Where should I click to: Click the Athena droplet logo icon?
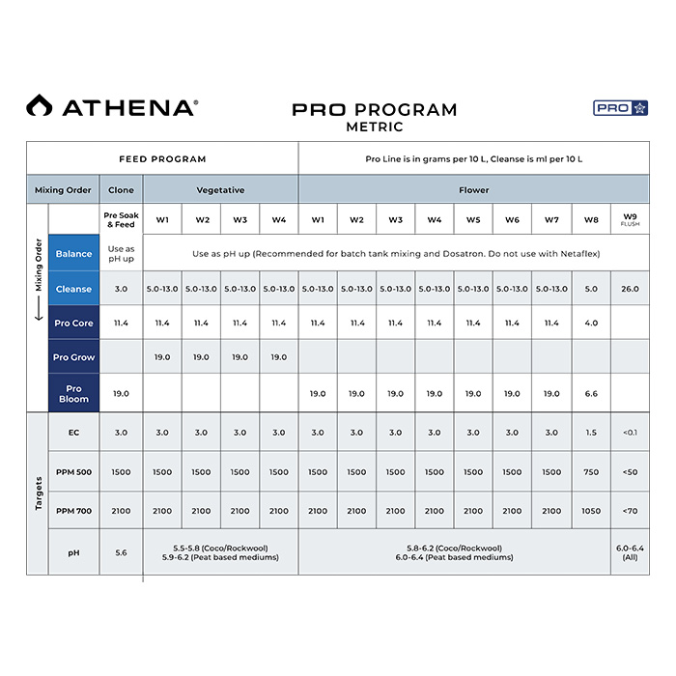coord(39,106)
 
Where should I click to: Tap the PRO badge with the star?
coord(620,108)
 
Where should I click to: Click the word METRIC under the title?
coord(374,127)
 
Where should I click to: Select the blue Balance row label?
coord(73,254)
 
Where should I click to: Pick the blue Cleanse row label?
coord(73,289)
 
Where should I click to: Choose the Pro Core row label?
coord(73,324)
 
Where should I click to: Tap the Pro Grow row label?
coord(73,357)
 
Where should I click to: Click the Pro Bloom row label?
coord(73,394)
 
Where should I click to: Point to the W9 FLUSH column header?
coord(630,220)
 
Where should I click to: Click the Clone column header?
coord(121,189)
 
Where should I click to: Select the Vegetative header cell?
coord(220,189)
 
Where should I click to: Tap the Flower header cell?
coord(473,189)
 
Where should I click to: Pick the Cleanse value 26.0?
coord(630,289)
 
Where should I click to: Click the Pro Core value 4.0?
coord(591,324)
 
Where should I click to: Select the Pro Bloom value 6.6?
coord(591,394)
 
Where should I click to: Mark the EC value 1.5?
coord(591,433)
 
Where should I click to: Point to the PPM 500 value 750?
coord(591,472)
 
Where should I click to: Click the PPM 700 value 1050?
coord(591,511)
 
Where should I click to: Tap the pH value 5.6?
coord(121,553)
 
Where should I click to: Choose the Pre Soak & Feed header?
coord(121,220)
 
